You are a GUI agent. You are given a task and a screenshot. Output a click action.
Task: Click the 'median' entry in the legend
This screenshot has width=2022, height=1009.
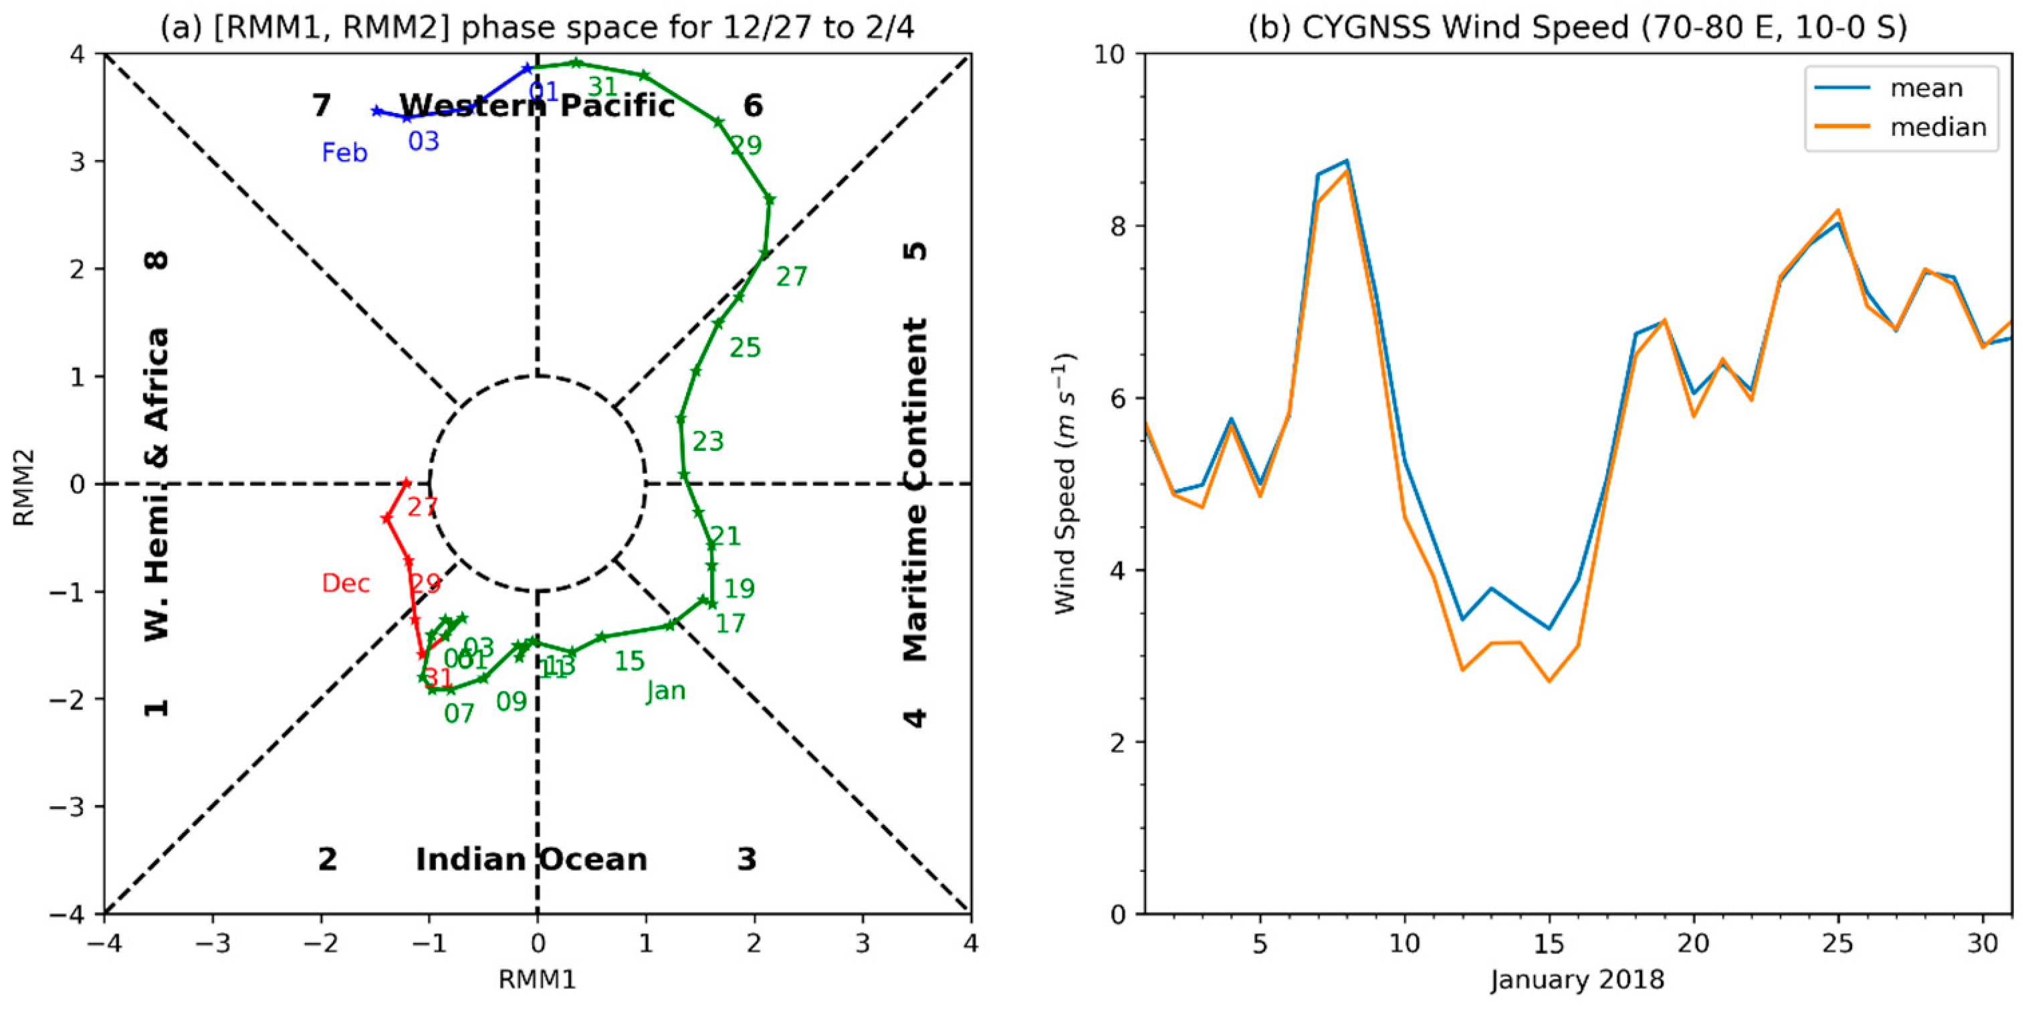click(1937, 127)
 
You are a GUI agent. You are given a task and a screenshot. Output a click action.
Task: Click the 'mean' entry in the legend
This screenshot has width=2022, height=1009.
click(1926, 88)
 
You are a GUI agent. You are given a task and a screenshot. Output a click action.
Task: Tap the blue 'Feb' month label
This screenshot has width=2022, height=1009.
click(344, 153)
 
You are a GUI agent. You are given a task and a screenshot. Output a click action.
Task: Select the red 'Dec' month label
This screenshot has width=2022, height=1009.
click(346, 583)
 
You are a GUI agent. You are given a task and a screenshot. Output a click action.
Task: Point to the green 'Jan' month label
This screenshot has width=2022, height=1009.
click(665, 691)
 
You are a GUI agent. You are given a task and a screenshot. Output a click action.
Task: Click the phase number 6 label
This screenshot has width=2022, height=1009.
click(753, 105)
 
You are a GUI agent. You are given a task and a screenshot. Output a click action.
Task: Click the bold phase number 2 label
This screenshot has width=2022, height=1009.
click(328, 860)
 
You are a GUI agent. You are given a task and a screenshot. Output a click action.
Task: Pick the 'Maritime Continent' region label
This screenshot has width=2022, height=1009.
click(915, 489)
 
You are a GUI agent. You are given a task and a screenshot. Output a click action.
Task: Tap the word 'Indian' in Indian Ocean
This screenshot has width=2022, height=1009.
click(471, 860)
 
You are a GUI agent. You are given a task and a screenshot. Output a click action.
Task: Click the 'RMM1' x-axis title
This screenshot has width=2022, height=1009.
click(538, 979)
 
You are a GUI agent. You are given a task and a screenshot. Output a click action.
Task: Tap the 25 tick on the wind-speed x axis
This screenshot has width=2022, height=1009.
click(1837, 943)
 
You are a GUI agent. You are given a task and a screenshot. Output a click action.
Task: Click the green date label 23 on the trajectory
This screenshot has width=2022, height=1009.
click(707, 442)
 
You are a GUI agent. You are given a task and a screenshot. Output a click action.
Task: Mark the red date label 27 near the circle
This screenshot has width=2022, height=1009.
click(421, 507)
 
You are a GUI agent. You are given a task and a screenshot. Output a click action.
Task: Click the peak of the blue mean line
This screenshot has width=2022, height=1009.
click(1346, 160)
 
